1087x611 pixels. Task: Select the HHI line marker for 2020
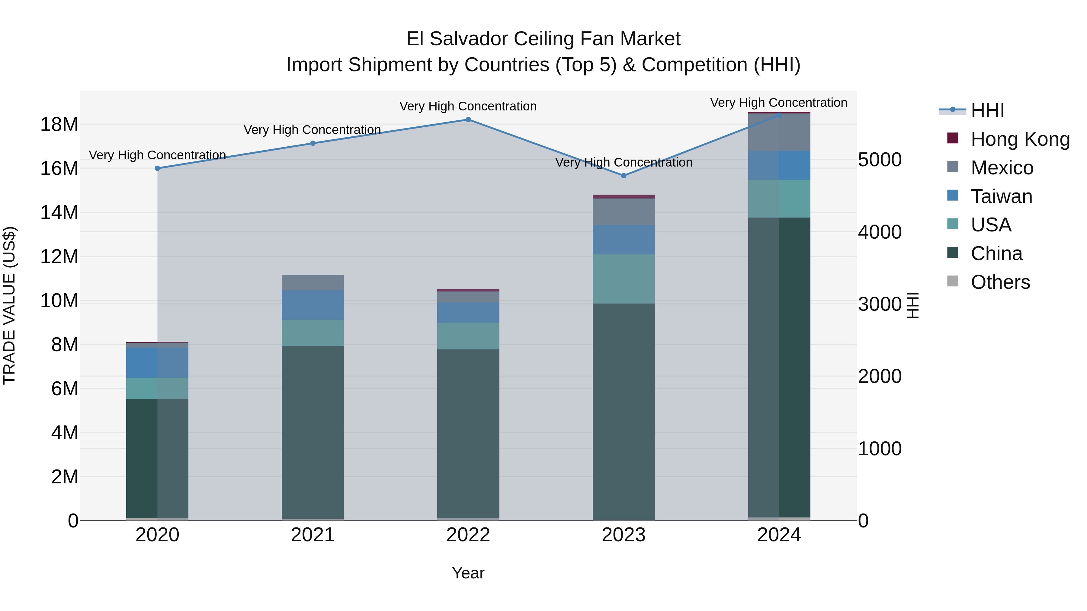157,168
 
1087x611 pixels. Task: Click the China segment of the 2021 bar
313,432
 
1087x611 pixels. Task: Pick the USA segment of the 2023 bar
624,279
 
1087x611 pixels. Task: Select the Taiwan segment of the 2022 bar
468,313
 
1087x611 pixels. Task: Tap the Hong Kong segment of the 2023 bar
624,196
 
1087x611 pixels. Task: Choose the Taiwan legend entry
1001,196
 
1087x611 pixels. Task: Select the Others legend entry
1000,282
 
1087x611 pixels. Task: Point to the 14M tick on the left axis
59,212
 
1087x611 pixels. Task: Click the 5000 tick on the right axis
880,160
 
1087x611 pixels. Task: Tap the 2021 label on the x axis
313,535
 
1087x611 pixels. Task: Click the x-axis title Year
468,573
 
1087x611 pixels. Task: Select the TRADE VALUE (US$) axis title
9,305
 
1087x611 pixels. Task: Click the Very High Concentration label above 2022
468,106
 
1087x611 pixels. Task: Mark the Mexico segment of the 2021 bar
313,282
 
